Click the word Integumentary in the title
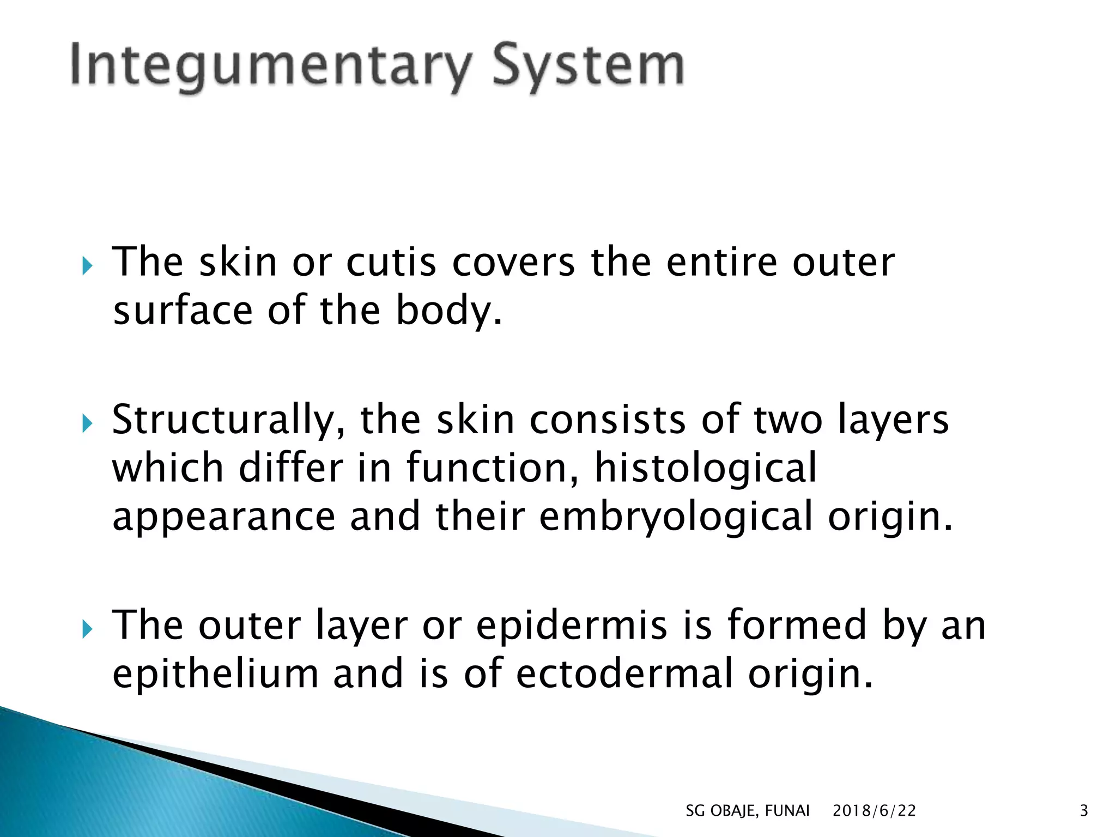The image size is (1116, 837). [x=270, y=66]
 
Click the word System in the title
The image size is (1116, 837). [x=588, y=66]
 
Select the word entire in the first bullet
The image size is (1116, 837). [x=722, y=263]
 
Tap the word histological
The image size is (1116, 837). [x=706, y=469]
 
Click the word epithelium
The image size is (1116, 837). [x=215, y=675]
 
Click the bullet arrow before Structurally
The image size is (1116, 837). [x=87, y=423]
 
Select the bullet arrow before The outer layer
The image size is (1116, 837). [x=87, y=630]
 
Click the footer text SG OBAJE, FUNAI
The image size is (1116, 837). [x=747, y=811]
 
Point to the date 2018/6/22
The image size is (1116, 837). [x=874, y=811]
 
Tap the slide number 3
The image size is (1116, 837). [x=1083, y=811]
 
